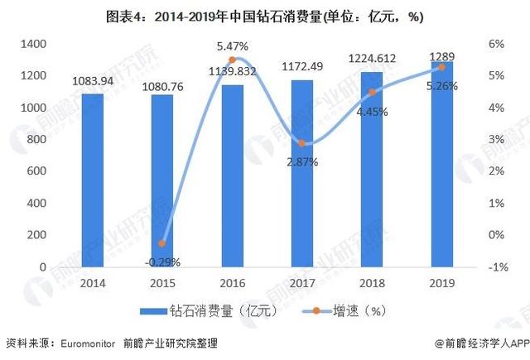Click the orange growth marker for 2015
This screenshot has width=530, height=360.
point(162,243)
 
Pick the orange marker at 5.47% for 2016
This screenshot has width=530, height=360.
point(232,60)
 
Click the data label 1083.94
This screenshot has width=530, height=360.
point(92,81)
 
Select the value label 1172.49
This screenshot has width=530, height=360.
point(301,68)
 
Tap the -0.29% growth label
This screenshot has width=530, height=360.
point(162,262)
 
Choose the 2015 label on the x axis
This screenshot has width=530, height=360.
point(162,282)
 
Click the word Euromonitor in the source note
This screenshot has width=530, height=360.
point(85,342)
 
